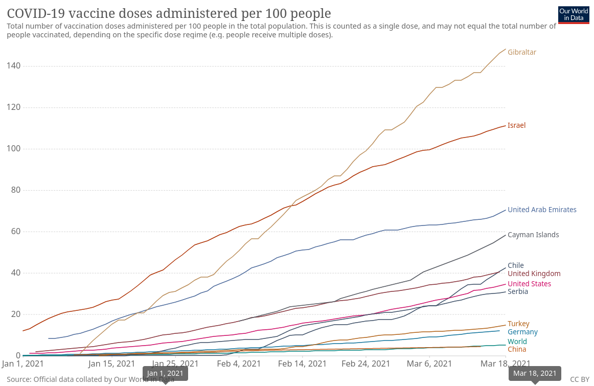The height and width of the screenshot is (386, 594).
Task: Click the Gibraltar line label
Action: pyautogui.click(x=521, y=52)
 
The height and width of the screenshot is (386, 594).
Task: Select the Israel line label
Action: pyautogui.click(x=516, y=125)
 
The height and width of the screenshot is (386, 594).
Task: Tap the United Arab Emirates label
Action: pyautogui.click(x=542, y=210)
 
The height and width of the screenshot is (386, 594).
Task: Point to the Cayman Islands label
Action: pyautogui.click(x=533, y=235)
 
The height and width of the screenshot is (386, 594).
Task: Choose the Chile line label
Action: pyautogui.click(x=516, y=265)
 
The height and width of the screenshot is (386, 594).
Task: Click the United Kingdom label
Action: pyautogui.click(x=534, y=274)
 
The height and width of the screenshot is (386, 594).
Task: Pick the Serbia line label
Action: pyautogui.click(x=518, y=291)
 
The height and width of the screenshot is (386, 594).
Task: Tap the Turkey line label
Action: pyautogui.click(x=518, y=324)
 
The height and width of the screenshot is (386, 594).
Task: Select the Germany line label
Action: pyautogui.click(x=522, y=332)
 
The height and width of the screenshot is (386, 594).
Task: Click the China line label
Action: pyautogui.click(x=517, y=349)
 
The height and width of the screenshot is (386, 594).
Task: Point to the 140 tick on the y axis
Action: pyautogui.click(x=14, y=66)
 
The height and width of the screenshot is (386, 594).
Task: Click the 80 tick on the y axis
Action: pyautogui.click(x=16, y=190)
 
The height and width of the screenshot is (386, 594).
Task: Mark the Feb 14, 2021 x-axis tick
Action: pyautogui.click(x=303, y=364)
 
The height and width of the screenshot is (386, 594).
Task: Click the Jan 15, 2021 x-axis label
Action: pyautogui.click(x=111, y=364)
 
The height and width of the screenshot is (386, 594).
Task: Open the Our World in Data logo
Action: pyautogui.click(x=573, y=14)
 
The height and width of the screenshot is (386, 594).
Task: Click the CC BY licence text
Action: pyautogui.click(x=580, y=379)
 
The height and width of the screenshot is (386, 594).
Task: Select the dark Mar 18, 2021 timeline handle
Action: pyautogui.click(x=535, y=374)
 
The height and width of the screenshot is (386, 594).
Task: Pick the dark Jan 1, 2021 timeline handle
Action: pyautogui.click(x=165, y=374)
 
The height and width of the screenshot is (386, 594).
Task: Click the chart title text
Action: pyautogui.click(x=169, y=13)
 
